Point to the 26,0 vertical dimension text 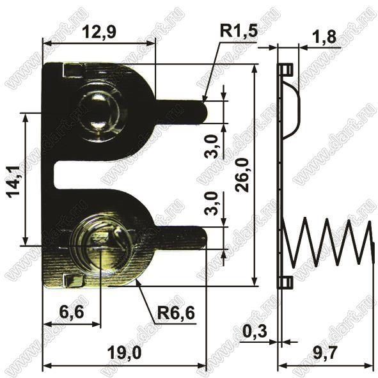click(x=242, y=175)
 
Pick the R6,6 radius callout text click(x=176, y=313)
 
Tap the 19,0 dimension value click(x=124, y=353)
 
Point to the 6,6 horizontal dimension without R click(x=72, y=312)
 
